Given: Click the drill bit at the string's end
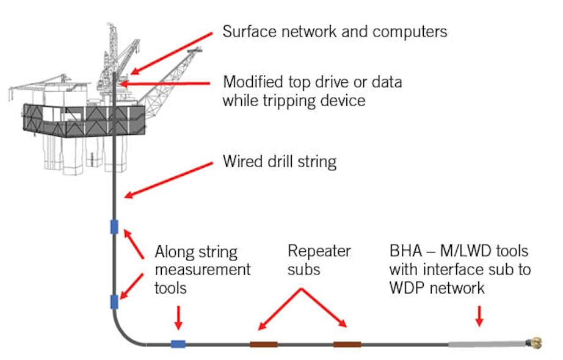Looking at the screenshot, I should [536, 343].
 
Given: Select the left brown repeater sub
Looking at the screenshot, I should [263, 344].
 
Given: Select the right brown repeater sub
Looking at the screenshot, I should [347, 344].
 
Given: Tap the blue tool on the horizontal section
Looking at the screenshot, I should [178, 344].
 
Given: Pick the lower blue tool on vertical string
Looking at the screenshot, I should [114, 301].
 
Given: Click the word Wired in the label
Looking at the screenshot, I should [241, 163].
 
